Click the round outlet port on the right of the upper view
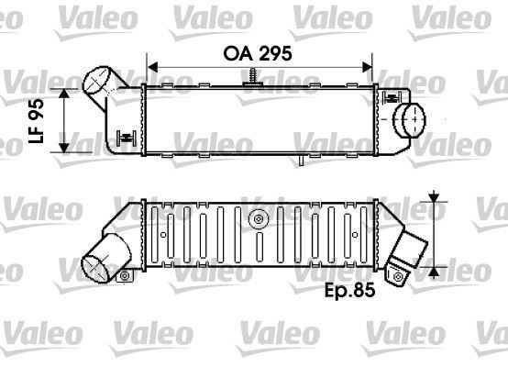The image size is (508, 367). (x=410, y=119)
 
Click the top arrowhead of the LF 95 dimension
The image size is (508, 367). (x=65, y=94)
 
